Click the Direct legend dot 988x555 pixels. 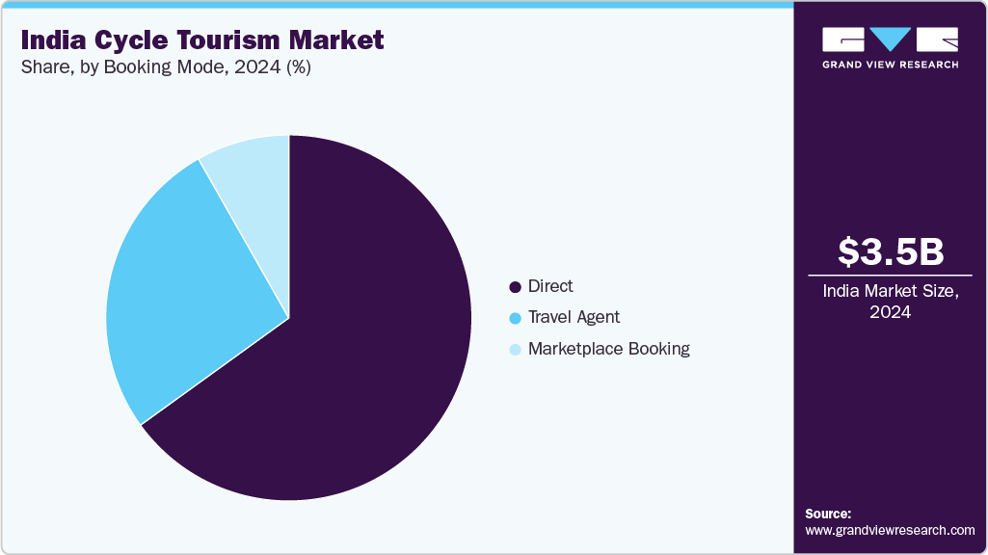[515, 287]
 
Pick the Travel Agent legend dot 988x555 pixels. [515, 318]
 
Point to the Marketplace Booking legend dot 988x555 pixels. [515, 350]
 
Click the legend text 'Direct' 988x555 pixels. [550, 286]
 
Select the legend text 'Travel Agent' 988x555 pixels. [574, 317]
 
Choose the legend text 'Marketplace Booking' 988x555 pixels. [609, 349]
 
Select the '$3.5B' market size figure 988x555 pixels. [891, 251]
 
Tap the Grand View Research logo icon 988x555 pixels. [890, 40]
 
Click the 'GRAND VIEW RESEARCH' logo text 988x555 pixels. [890, 65]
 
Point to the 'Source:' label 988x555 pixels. [828, 514]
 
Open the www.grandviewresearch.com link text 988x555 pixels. [890, 530]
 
